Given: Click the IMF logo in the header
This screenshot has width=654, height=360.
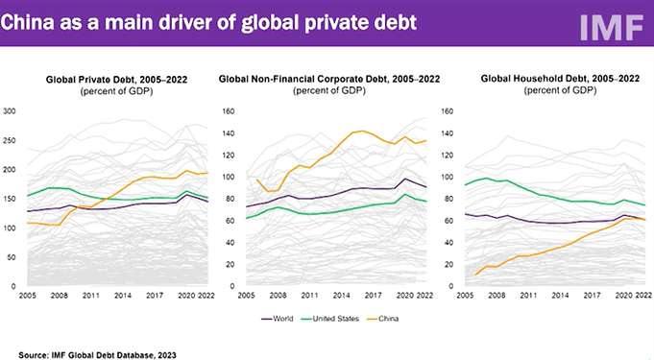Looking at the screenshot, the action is click(612, 28).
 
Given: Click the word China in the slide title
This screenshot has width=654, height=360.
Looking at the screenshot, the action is click(28, 22).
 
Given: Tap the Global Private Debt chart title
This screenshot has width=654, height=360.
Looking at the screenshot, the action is click(116, 80).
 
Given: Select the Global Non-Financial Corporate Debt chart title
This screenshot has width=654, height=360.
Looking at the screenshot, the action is click(329, 79).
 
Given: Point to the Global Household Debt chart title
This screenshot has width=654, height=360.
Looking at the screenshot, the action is click(560, 79).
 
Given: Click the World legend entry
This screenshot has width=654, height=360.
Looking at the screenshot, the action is click(278, 319).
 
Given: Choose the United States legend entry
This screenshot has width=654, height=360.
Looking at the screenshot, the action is click(330, 319).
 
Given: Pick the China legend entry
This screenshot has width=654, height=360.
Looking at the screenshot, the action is click(383, 319).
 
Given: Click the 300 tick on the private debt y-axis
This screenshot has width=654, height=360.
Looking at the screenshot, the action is click(10, 111).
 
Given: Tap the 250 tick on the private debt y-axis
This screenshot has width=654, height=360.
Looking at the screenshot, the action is click(10, 140).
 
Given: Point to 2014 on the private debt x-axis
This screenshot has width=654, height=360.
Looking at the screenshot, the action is click(123, 296).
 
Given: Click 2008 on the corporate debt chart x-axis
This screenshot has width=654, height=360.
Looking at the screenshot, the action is click(279, 296).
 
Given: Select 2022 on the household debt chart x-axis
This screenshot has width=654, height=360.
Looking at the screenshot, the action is click(643, 296).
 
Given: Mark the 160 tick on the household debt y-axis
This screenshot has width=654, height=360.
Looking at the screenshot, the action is click(447, 111).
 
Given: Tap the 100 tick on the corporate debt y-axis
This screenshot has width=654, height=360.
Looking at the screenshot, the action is click(229, 177).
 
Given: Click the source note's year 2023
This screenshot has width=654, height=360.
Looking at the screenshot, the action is click(167, 355).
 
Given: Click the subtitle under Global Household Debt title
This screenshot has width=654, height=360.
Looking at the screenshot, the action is click(560, 90).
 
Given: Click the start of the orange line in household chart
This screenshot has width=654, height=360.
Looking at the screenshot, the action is click(475, 275).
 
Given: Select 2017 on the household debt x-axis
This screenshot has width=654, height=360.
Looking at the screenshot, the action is click(592, 296).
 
